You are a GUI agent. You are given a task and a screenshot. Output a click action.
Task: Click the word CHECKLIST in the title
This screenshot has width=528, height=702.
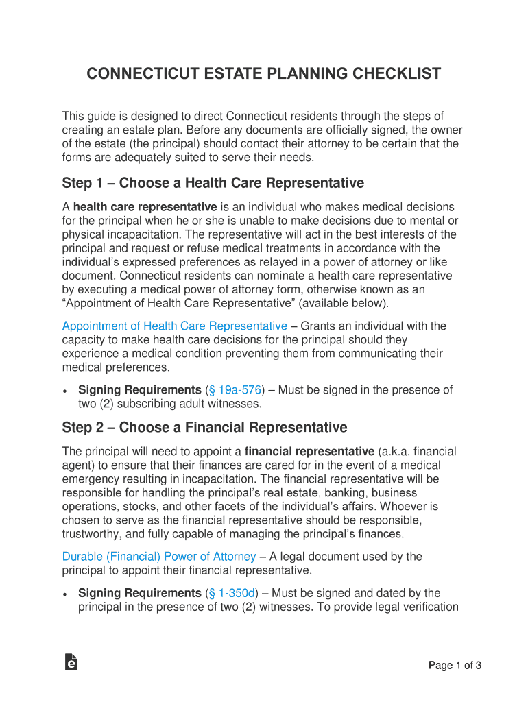pos(394,74)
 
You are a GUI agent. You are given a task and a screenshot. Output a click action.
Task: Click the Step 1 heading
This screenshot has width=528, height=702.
pos(213,183)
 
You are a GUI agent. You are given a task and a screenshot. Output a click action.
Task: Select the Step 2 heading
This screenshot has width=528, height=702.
pos(204,428)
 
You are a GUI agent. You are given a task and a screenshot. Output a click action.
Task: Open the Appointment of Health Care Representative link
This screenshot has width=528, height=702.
pos(174,326)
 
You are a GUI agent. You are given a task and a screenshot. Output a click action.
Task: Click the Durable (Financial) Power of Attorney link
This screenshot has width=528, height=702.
pos(159,557)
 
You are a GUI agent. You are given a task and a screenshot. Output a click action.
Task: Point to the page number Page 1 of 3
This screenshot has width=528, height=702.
pos(455,665)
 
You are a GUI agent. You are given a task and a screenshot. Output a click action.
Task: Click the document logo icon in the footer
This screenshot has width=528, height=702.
pos(71,662)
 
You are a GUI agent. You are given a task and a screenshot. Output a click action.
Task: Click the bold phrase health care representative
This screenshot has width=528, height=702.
pos(145,207)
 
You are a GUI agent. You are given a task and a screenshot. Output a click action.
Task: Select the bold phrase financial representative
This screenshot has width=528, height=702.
pos(309,452)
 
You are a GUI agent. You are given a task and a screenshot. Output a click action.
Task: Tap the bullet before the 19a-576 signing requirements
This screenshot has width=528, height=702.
pos(64,391)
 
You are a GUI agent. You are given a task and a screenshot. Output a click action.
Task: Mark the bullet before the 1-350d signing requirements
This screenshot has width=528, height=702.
pos(64,594)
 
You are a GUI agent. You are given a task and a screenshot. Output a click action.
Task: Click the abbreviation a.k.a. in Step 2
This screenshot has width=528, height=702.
pos(397,452)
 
